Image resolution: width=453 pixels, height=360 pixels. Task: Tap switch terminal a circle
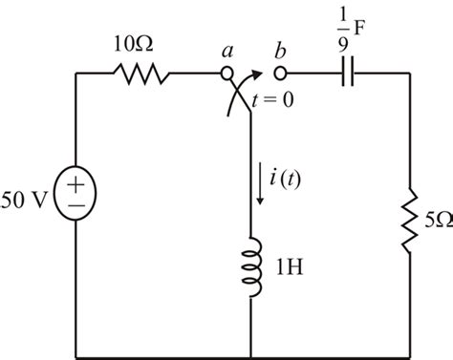tap(227, 73)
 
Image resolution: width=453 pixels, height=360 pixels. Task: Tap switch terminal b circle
tap(280, 73)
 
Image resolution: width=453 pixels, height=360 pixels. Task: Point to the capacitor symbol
tap(346, 73)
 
